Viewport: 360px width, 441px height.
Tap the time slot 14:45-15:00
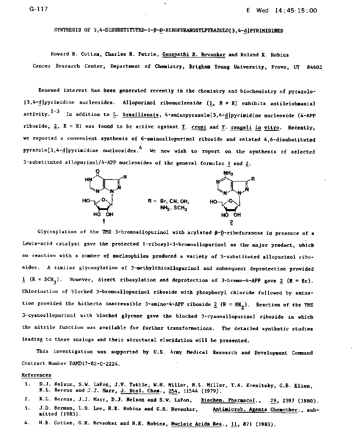coord(296,11)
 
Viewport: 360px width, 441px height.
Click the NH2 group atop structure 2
coord(228,173)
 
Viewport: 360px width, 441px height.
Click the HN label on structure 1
coord(88,179)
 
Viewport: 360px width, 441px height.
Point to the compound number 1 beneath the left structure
coord(103,221)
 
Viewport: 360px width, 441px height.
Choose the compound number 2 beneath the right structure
coord(231,221)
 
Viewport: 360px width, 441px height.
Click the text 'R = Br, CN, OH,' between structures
coord(169,201)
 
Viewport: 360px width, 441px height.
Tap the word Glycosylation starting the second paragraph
coord(57,232)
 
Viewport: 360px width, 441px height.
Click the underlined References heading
coord(36,375)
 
